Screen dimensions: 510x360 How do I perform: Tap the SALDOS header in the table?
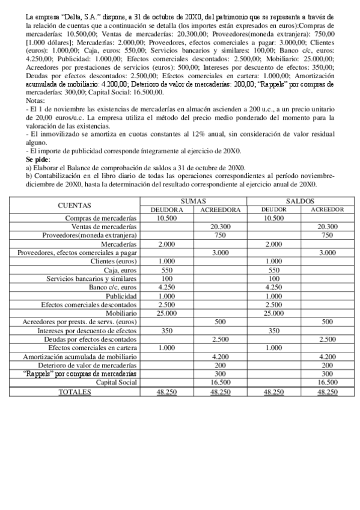click(x=301, y=201)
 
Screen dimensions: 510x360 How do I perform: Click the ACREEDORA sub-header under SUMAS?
click(x=220, y=209)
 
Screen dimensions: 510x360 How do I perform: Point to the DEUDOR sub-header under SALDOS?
click(x=273, y=209)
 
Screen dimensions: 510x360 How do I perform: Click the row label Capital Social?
click(x=117, y=382)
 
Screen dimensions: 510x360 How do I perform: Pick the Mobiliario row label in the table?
click(x=120, y=313)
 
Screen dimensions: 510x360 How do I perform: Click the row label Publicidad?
click(x=121, y=296)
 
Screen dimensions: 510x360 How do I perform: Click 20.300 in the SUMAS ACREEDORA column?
click(x=220, y=227)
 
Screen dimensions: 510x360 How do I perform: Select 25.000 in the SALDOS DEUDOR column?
click(x=273, y=313)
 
